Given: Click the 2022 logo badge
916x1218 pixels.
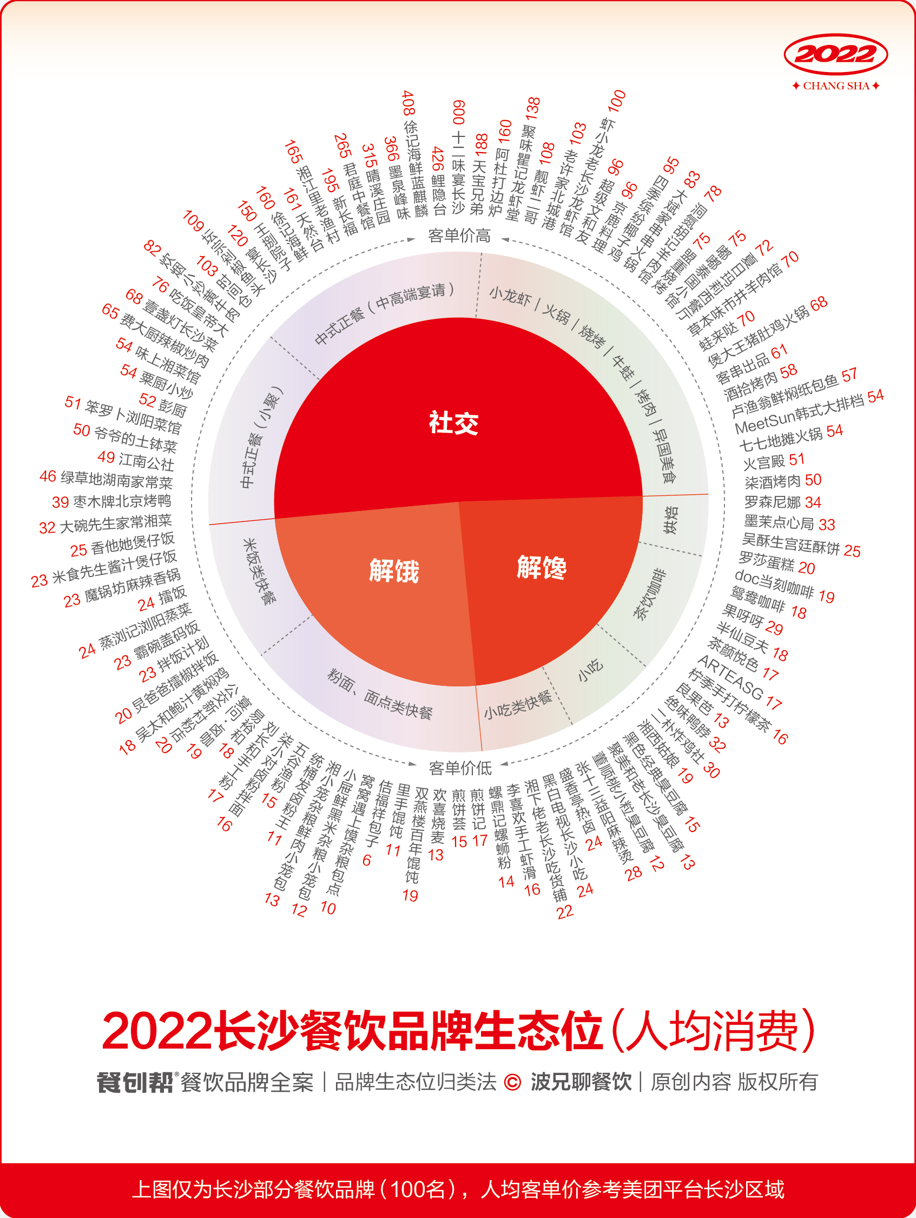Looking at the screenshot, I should [x=835, y=55].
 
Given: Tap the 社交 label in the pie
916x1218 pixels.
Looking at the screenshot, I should [x=453, y=423].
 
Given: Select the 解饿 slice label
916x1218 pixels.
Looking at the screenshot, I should [x=393, y=571].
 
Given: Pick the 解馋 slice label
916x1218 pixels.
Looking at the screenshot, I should [x=542, y=567].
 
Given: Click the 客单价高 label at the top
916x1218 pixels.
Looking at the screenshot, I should [x=459, y=236].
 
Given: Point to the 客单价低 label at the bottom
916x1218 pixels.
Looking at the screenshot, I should [x=460, y=768].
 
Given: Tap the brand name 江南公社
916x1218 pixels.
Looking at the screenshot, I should [x=147, y=461].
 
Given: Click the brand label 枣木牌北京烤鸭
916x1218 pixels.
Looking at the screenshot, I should [x=122, y=501].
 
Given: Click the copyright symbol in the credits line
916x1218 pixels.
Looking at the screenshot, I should [x=512, y=1083].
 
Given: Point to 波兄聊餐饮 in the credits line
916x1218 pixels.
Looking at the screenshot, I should [x=581, y=1082].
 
